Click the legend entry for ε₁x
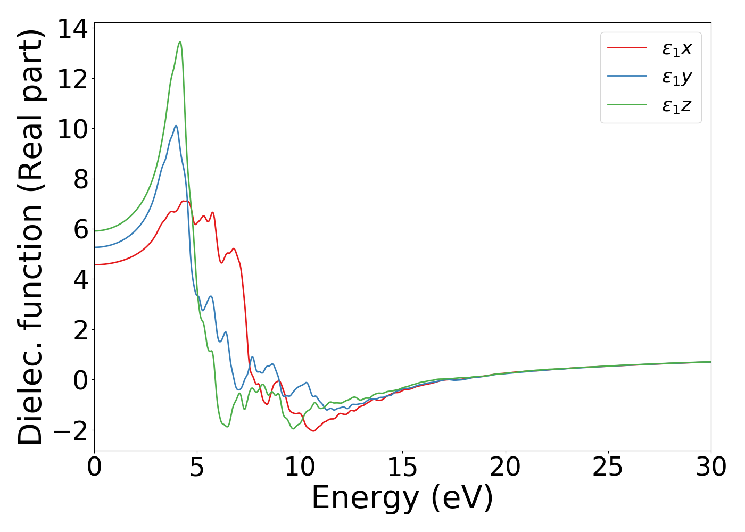pyautogui.click(x=676, y=49)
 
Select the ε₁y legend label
pyautogui.click(x=676, y=78)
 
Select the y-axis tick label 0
pyautogui.click(x=80, y=380)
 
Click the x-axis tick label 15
pyautogui.click(x=402, y=468)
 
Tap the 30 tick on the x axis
pyautogui.click(x=710, y=468)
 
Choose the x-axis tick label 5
pyautogui.click(x=197, y=468)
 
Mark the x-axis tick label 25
pyautogui.click(x=608, y=468)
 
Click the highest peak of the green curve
pyautogui.click(x=180, y=42)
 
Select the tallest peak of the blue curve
pyautogui.click(x=176, y=126)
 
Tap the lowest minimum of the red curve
pyautogui.click(x=313, y=431)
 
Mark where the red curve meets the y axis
pyautogui.click(x=95, y=264)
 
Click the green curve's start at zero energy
pyautogui.click(x=95, y=230)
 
